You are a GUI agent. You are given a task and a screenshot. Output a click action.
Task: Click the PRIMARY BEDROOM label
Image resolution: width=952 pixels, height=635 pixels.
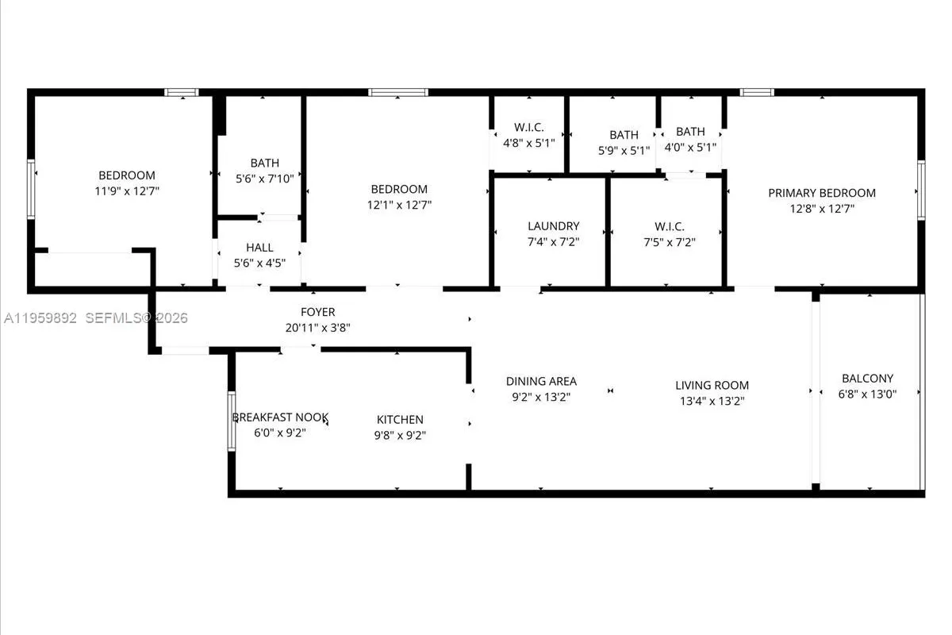[x=821, y=193]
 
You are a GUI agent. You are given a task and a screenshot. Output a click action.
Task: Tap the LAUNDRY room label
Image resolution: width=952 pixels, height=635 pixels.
[x=553, y=226]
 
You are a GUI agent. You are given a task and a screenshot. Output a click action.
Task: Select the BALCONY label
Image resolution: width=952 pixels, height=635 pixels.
[x=867, y=379]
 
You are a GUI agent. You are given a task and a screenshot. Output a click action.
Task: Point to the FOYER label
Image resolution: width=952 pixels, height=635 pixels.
[x=317, y=312]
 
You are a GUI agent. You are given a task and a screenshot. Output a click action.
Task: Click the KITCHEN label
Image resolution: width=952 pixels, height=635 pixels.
[x=399, y=419]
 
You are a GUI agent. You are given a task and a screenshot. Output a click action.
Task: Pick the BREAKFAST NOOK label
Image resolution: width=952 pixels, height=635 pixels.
[x=279, y=418]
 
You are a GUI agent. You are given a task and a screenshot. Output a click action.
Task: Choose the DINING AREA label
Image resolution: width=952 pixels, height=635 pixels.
[x=541, y=382]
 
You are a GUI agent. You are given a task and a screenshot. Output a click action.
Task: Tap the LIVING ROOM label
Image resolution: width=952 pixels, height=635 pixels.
[x=712, y=386]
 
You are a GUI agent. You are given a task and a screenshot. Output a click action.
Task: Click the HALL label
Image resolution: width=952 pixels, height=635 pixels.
[x=259, y=248]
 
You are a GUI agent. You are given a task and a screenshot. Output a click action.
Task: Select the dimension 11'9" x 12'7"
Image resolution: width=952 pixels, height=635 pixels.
[x=127, y=190]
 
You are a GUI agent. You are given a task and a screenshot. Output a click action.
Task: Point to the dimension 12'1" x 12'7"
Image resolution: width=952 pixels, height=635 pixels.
[x=399, y=205]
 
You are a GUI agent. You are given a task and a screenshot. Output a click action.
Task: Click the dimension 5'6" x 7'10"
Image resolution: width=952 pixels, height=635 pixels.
[x=264, y=179]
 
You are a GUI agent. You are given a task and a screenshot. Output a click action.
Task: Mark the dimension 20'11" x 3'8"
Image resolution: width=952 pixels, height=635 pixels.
[x=317, y=327]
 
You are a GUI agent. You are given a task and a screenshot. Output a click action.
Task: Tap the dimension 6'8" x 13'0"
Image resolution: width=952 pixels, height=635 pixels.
[x=867, y=394]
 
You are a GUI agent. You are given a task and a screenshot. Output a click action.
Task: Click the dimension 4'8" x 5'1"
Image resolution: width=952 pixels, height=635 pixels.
[x=528, y=143]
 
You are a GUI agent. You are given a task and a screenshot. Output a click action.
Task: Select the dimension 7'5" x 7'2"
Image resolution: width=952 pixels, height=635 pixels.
[x=670, y=242]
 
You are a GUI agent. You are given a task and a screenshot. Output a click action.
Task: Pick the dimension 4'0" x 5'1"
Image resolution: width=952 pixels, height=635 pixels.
[x=690, y=147]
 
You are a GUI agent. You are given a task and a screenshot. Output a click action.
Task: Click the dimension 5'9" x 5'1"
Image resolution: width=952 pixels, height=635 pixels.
[x=624, y=150]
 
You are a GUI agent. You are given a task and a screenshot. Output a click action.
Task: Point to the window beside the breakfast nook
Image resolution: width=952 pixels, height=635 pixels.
[x=232, y=421]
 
